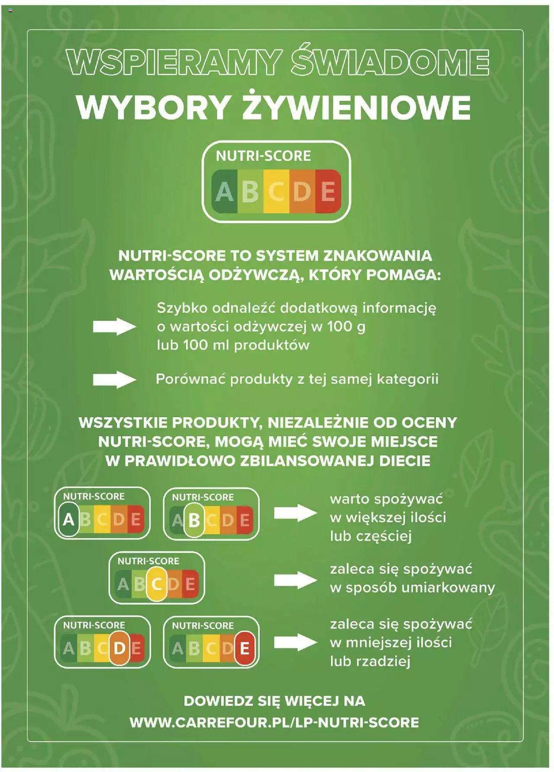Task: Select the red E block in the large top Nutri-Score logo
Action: pos(329,191)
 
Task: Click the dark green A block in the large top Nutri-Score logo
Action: pos(224,191)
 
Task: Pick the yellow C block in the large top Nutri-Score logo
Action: pos(276,191)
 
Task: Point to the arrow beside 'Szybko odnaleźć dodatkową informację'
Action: pos(115,327)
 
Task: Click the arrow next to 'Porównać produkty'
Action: pos(115,380)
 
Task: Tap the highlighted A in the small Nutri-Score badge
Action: pos(68,519)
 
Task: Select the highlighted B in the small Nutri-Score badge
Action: pos(194,520)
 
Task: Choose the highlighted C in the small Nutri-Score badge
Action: pos(157,584)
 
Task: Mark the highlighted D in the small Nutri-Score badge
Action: pos(119,648)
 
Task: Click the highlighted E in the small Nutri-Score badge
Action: pos(245,649)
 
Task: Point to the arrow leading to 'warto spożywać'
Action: pos(296,513)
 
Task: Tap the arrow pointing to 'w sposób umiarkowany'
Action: pos(296,580)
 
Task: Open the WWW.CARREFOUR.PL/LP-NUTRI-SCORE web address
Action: pos(274,722)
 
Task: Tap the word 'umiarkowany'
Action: pos(448,588)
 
